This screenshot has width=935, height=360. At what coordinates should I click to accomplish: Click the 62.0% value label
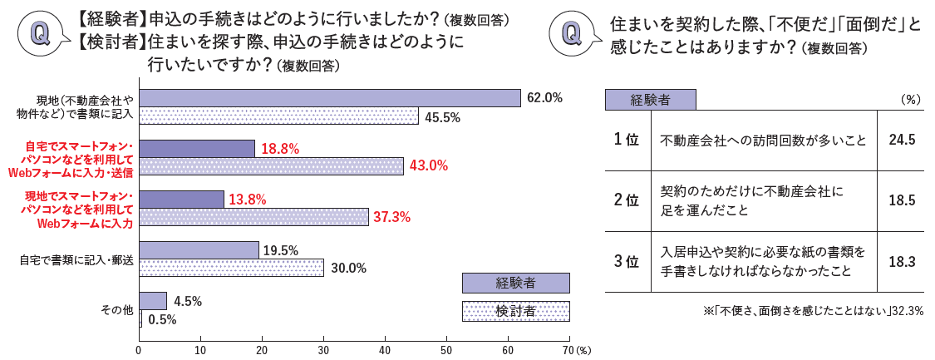(x=545, y=98)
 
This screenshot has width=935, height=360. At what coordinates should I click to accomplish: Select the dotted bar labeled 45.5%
(x=278, y=116)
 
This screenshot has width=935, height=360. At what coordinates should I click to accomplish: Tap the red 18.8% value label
(x=280, y=149)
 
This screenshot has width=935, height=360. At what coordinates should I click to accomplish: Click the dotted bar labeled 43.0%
(x=271, y=166)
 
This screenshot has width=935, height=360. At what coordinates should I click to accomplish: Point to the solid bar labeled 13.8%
(x=181, y=200)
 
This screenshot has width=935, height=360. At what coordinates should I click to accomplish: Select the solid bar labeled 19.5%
(x=199, y=250)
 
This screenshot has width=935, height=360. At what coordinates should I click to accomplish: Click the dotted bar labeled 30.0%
(x=231, y=268)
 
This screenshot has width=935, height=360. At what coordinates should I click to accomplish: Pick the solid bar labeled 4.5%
(x=153, y=301)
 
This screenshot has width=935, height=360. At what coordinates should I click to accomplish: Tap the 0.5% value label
(x=161, y=319)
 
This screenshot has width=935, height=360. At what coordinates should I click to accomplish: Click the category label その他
(x=116, y=309)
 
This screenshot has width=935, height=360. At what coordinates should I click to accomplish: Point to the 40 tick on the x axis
(x=385, y=350)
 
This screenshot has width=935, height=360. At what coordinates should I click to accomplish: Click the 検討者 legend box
(x=515, y=311)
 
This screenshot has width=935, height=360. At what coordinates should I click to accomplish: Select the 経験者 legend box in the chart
(x=515, y=283)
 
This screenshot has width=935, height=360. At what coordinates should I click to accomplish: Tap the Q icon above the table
(x=573, y=33)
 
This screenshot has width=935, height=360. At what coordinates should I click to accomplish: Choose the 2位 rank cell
(x=627, y=200)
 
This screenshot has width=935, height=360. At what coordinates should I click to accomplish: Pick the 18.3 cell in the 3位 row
(x=901, y=261)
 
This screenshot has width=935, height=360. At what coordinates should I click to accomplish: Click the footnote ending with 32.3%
(x=813, y=311)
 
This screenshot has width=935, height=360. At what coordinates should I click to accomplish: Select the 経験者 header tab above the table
(x=650, y=100)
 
